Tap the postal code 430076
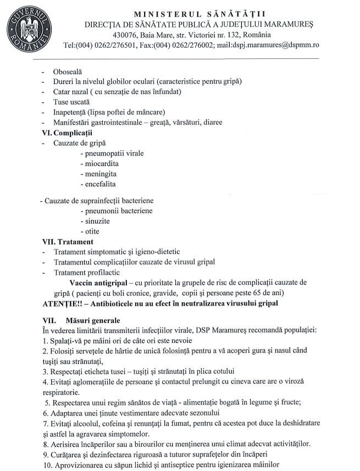click(127, 35)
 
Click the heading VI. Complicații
click(68, 132)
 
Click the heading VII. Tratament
click(68, 241)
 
